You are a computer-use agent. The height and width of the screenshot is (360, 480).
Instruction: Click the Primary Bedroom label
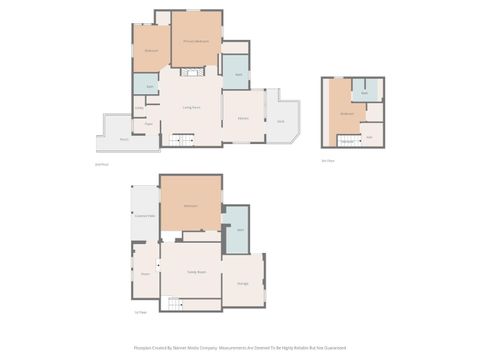pos(195,41)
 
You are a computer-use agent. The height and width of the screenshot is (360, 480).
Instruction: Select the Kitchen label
pos(243,118)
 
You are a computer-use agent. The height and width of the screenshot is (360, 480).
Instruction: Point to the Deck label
pos(281,122)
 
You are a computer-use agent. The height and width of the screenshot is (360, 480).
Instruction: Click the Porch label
pos(124,139)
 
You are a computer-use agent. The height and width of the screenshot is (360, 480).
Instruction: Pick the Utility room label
pos(139,108)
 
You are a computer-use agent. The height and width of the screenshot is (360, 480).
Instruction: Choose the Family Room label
pos(196,272)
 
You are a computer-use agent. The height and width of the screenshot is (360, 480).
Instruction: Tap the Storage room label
pos(243,284)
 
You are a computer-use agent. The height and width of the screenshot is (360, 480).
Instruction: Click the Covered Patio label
pos(144,215)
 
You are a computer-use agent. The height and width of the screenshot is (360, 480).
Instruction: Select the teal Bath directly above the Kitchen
pos(239,75)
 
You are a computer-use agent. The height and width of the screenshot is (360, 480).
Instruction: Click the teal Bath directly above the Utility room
pos(149,87)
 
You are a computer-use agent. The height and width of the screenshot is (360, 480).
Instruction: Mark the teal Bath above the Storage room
pos(240,231)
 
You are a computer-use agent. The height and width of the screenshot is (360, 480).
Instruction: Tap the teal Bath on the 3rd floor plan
pos(365,93)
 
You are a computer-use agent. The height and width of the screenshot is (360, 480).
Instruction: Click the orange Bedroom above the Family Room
pos(190,206)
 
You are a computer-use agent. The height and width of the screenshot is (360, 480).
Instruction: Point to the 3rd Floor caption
pos(328,160)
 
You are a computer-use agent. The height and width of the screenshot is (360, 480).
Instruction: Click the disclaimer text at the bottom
pos(240,348)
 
